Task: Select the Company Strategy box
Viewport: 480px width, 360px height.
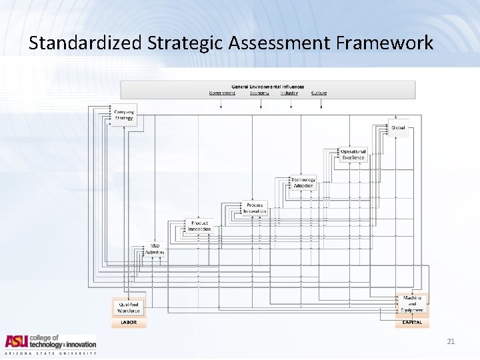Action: pos(124,115)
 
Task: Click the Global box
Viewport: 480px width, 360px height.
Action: pos(398,127)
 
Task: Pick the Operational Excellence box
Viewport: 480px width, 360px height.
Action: pos(353,155)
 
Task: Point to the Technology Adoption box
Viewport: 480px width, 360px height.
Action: pos(303,182)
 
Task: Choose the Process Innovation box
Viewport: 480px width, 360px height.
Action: pos(255,208)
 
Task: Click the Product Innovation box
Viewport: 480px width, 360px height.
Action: pos(199,227)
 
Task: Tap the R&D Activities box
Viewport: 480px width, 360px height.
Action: pos(155,249)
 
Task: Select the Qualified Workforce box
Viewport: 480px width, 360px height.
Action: pos(129,307)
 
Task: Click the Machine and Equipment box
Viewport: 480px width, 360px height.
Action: pos(412,304)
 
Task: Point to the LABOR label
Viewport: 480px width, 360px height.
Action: pos(129,322)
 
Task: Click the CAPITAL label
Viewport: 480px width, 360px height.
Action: pos(412,322)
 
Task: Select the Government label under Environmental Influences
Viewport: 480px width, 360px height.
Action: pos(222,93)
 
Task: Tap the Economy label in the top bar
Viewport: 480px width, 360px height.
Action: pos(259,93)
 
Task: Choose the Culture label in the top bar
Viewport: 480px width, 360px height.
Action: pos(319,93)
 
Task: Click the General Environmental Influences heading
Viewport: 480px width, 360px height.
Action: pos(267,87)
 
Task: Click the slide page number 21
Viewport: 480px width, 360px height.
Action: pos(451,341)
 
